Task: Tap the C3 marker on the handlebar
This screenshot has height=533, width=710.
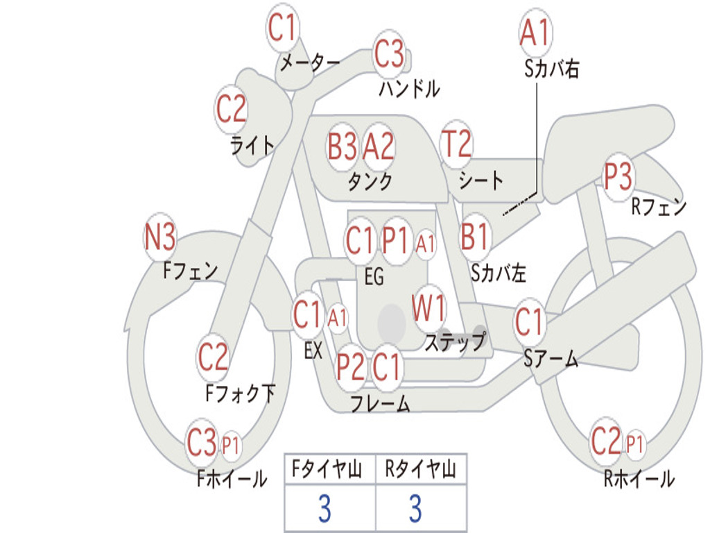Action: [x=389, y=53]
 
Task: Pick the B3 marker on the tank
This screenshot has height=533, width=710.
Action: [x=343, y=146]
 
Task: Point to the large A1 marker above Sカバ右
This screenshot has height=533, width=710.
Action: [x=535, y=33]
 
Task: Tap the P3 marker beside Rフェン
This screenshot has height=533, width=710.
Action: [x=618, y=178]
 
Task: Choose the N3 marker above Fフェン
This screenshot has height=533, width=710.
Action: [x=159, y=238]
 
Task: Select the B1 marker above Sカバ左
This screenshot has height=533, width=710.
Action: [x=476, y=236]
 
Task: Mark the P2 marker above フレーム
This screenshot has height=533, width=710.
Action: [x=351, y=366]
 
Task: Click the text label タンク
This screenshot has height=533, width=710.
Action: [x=370, y=182]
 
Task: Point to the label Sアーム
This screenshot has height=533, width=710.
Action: [x=551, y=359]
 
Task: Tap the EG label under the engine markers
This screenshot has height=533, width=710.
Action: [x=374, y=278]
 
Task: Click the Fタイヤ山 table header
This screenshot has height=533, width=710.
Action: [x=329, y=471]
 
